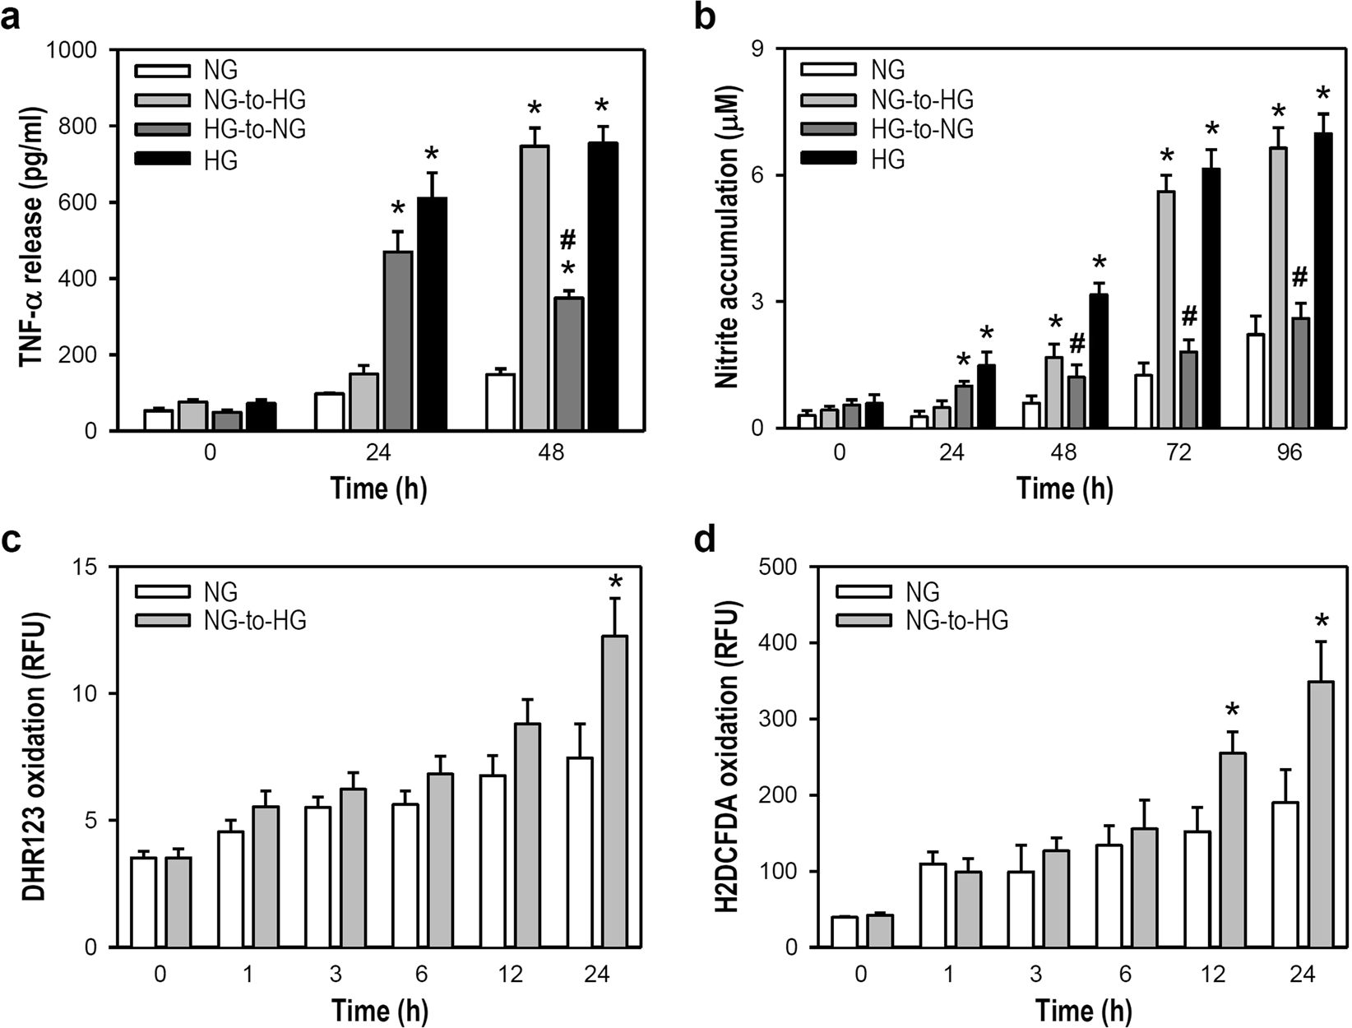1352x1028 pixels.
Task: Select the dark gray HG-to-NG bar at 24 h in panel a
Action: (x=398, y=341)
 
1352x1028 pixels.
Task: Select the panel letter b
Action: (x=705, y=17)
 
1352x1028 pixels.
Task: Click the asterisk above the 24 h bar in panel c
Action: (x=614, y=583)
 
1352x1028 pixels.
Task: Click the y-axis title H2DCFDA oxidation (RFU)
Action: (x=726, y=757)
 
